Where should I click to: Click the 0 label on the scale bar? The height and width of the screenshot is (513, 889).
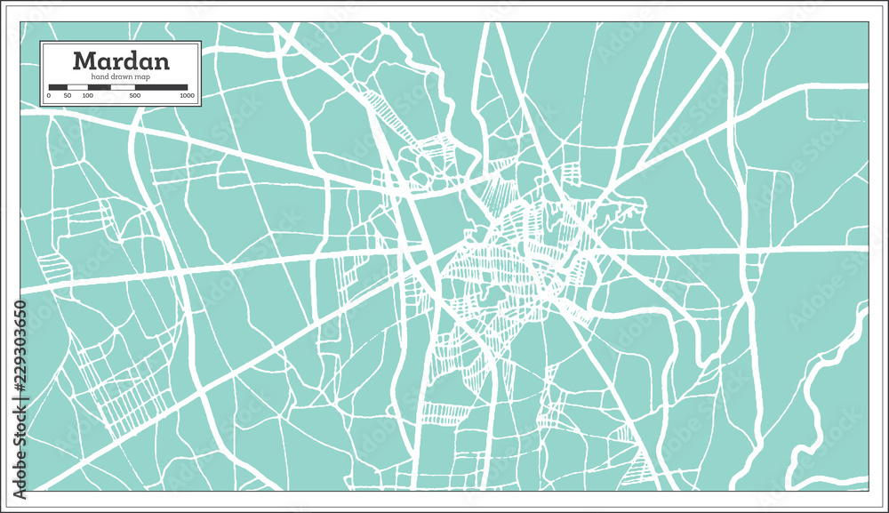[49, 95]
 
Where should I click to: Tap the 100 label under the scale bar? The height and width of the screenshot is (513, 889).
[88, 95]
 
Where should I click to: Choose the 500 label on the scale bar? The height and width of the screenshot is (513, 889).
[134, 95]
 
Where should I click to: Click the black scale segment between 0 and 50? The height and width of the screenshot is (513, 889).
[59, 87]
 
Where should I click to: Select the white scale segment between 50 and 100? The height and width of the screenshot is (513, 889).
[78, 87]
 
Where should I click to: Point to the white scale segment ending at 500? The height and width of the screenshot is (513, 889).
[123, 87]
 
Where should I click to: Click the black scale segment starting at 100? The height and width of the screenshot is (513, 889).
[99, 87]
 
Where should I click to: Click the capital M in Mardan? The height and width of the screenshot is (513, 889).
[84, 60]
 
